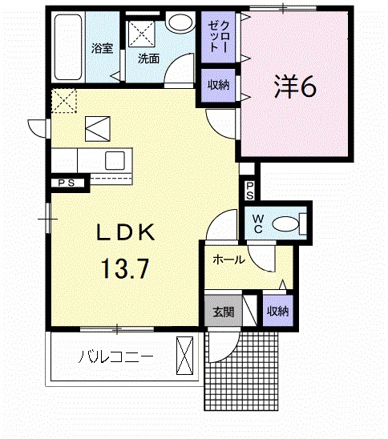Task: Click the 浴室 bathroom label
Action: (102, 48)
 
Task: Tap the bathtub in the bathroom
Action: (68, 47)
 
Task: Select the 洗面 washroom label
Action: (149, 58)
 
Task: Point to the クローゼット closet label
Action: (219, 37)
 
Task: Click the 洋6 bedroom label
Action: (295, 87)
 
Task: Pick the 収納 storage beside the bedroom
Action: (218, 85)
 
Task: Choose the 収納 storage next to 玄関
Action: (277, 311)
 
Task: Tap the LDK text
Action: (126, 232)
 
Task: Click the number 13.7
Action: (125, 268)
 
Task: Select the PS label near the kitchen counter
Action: (67, 183)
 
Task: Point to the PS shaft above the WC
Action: (250, 191)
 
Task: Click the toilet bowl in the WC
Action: (285, 224)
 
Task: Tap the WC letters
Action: (258, 224)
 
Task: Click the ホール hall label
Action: (229, 260)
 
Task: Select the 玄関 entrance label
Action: (224, 312)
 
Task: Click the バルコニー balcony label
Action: (115, 357)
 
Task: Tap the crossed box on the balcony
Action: (184, 356)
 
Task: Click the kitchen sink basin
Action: (115, 161)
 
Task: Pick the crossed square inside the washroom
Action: (142, 34)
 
